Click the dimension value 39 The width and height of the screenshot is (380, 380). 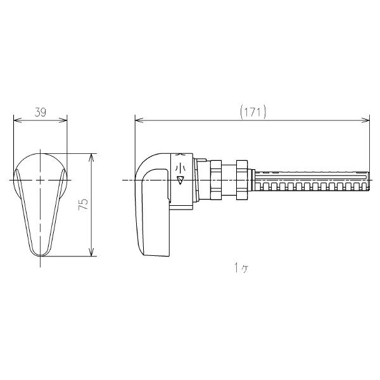(x=41, y=113)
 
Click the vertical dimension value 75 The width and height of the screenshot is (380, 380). (x=83, y=205)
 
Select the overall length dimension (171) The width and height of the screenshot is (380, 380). (x=253, y=113)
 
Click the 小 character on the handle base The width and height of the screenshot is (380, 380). (x=180, y=167)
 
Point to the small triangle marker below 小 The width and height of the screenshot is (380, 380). (x=180, y=180)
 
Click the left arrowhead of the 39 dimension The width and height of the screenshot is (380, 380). (x=18, y=120)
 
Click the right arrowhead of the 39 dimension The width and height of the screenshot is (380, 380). (x=63, y=120)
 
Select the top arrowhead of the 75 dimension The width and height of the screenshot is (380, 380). (x=91, y=157)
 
